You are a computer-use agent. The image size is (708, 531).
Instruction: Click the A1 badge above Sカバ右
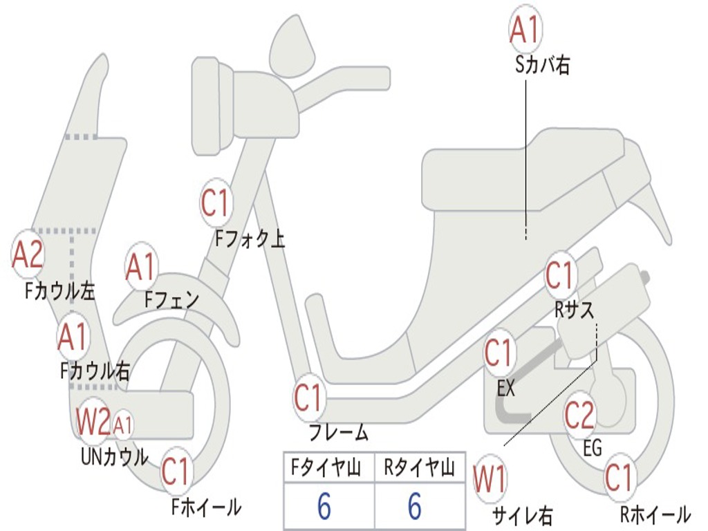point(523,30)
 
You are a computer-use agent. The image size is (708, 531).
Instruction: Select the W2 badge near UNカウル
point(93,422)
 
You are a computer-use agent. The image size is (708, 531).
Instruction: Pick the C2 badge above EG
point(579,415)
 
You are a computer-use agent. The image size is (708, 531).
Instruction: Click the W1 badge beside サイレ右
point(490,479)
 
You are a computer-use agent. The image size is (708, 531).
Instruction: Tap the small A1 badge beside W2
point(123,424)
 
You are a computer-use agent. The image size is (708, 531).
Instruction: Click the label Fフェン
point(171,299)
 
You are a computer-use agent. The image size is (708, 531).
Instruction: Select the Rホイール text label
point(655,514)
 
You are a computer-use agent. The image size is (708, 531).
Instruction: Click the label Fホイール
point(206,507)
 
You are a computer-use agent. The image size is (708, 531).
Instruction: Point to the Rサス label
point(575,310)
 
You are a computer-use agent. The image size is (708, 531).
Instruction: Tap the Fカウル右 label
point(95,371)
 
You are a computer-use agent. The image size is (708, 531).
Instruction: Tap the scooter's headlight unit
point(208,105)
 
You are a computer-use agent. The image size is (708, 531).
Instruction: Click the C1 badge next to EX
point(499,353)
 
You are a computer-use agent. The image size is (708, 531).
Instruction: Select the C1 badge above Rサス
point(561,275)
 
